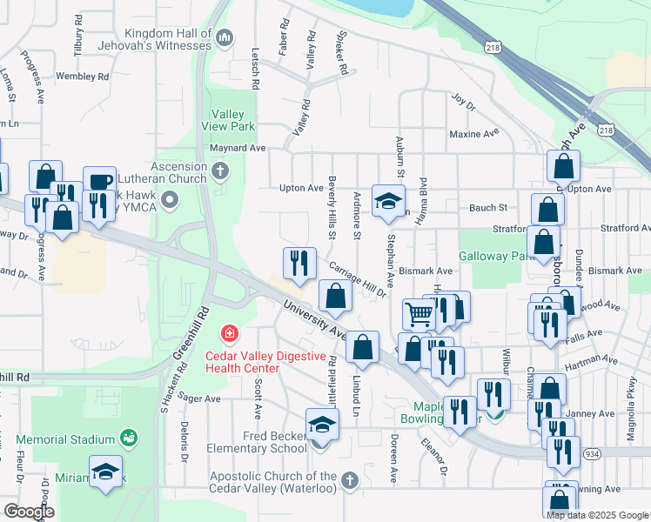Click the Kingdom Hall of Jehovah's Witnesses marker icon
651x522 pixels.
coord(225,37)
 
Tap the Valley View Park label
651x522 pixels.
coord(233,119)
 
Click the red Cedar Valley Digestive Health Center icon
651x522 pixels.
coord(229,334)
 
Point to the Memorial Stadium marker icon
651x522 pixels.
coord(129,436)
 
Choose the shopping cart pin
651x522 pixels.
coord(419,315)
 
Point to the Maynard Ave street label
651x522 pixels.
coord(238,148)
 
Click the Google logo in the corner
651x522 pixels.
coord(28,512)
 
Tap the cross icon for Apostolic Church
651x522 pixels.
coord(350,480)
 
